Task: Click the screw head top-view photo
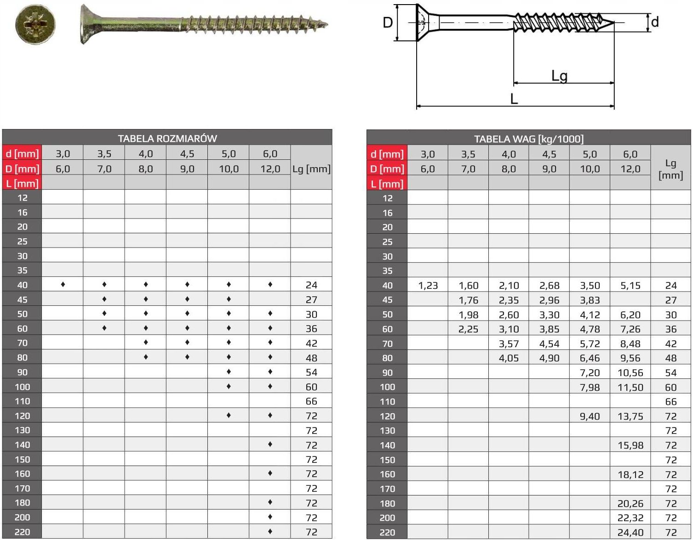[35, 24]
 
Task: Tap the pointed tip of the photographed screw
[327, 23]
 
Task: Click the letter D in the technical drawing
[388, 22]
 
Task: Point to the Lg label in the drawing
[559, 76]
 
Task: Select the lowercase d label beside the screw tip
[655, 22]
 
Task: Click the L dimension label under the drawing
[514, 99]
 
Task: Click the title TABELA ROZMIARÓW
[167, 139]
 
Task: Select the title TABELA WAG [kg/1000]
[528, 139]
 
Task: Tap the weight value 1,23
[428, 286]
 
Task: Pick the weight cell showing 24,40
[630, 532]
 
